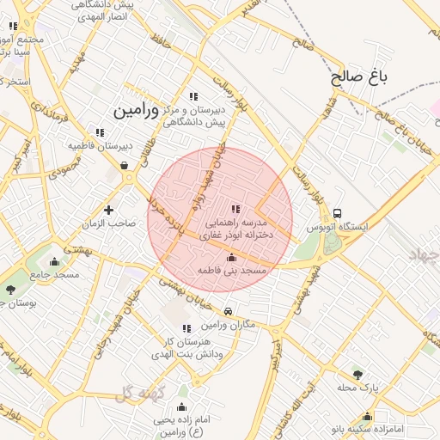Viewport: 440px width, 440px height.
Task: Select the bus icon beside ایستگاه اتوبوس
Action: [x=337, y=212]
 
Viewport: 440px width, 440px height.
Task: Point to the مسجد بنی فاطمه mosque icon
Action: [x=230, y=257]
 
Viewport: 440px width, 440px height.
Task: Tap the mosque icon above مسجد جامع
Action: [x=55, y=262]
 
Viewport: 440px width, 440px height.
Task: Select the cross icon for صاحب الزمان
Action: [x=108, y=210]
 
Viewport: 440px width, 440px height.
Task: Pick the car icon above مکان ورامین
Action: [x=228, y=312]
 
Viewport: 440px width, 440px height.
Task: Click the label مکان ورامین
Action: [x=229, y=325]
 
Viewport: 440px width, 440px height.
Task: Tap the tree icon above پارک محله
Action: [x=357, y=374]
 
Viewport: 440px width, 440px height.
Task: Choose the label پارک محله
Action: [x=357, y=388]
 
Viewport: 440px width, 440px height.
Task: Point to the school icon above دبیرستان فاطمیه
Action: [x=101, y=132]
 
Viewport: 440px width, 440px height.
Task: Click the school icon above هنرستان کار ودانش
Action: [x=186, y=328]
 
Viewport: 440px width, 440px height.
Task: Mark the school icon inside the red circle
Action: [x=235, y=209]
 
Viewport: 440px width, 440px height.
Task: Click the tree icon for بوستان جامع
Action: [x=10, y=290]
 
